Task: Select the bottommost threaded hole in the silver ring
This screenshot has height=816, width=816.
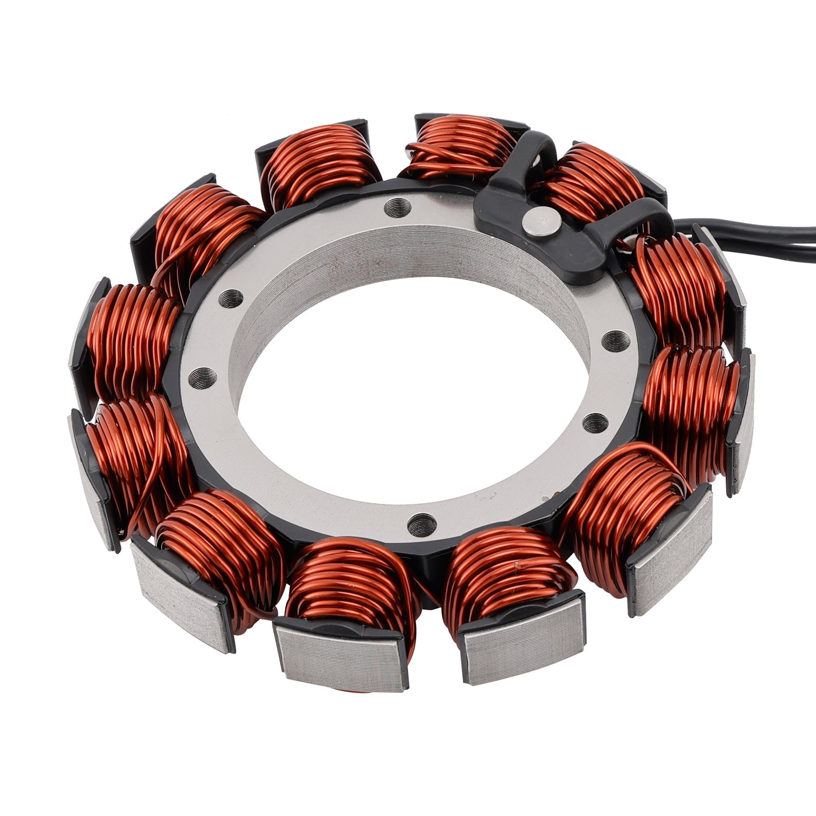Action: coord(423,521)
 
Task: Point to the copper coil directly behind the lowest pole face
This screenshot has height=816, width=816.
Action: coord(347,576)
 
